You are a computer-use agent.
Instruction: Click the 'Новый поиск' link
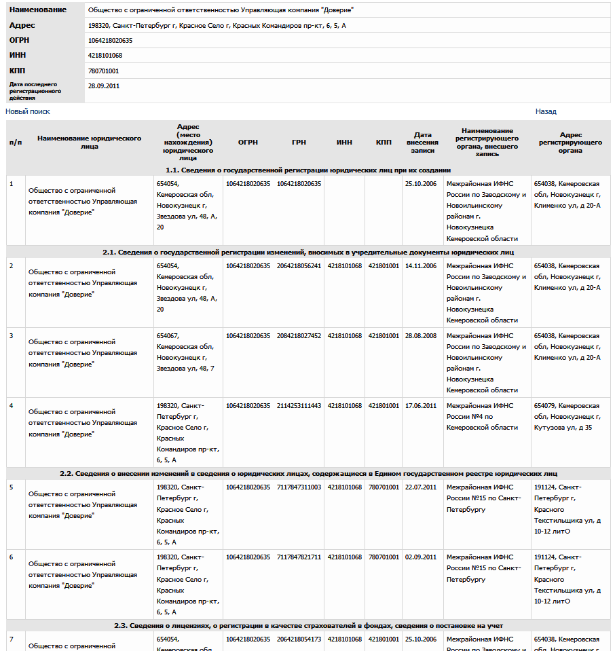(28, 111)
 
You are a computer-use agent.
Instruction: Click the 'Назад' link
(546, 111)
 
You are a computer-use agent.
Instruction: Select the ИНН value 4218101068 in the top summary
(105, 55)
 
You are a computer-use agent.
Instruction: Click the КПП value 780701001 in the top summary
(103, 71)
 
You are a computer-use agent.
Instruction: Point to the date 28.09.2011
(104, 86)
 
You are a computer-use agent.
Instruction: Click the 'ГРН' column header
(299, 143)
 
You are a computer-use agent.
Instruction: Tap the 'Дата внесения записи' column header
(422, 143)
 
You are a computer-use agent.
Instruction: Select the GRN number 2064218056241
(299, 266)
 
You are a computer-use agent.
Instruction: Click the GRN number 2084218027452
(299, 336)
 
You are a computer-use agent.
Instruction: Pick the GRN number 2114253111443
(299, 406)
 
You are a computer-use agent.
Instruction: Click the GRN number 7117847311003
(299, 487)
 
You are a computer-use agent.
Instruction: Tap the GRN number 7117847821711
(299, 557)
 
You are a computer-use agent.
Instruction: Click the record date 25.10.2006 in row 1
(420, 184)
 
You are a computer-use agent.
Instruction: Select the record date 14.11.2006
(420, 266)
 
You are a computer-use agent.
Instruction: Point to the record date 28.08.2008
(420, 336)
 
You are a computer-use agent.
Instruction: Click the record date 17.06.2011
(420, 406)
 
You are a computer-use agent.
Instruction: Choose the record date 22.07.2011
(420, 487)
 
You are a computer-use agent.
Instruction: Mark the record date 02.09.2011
(420, 557)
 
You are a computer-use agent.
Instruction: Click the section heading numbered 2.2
(308, 473)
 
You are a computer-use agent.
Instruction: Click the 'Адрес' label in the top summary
(22, 25)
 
